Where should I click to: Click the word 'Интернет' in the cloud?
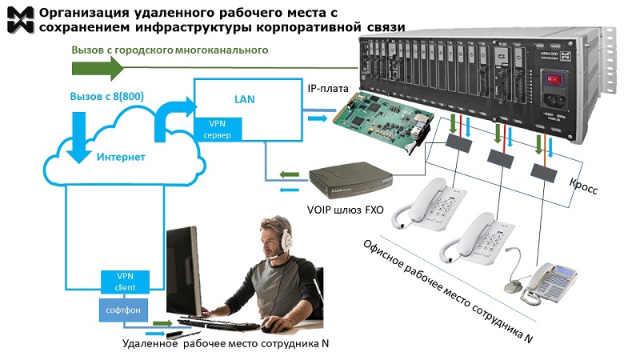pos(122,157)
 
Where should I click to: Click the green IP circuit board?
pos(381,119)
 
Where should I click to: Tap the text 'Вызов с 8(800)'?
pos(109,96)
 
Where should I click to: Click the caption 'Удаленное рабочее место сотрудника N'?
pos(226,345)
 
